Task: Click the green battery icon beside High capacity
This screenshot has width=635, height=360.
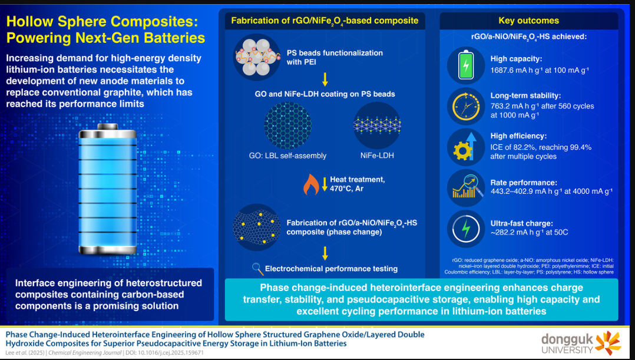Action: [x=466, y=65]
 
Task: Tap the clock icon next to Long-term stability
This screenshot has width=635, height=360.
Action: [x=466, y=107]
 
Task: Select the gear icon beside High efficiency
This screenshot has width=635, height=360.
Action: [x=466, y=147]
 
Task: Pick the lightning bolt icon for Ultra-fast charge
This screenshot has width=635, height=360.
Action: [x=466, y=229]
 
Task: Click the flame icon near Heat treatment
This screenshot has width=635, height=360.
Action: [x=311, y=184]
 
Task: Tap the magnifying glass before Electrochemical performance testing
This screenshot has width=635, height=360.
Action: [x=257, y=269]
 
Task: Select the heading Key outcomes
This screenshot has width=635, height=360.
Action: [x=528, y=21]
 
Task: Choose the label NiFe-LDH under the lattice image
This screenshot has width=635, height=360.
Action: [x=376, y=156]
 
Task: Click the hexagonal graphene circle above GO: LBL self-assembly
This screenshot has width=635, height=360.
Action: [x=287, y=125]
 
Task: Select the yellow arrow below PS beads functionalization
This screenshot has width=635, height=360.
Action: [x=325, y=80]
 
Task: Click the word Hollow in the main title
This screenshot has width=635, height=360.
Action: [x=33, y=23]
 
